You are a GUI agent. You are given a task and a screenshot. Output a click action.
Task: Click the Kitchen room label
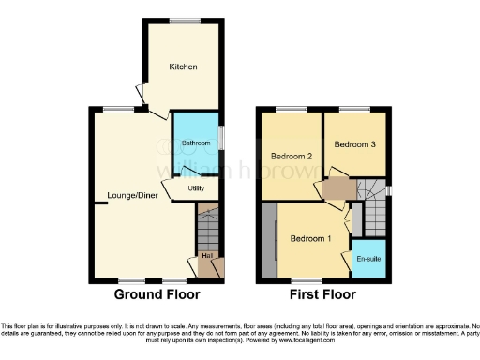182,67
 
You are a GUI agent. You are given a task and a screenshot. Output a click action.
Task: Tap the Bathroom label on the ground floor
195,142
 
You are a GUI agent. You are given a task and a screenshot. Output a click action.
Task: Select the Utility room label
196,188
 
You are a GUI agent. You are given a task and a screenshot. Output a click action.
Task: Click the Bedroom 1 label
310,239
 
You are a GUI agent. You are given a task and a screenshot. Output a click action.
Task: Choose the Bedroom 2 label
291,156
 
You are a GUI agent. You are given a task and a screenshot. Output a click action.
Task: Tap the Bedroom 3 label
354,144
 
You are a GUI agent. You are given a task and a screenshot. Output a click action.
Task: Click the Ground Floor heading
157,294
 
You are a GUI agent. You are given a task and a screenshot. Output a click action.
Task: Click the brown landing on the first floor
337,189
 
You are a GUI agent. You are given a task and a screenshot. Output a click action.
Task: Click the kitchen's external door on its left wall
141,94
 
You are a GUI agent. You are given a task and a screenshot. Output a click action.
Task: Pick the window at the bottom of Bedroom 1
303,279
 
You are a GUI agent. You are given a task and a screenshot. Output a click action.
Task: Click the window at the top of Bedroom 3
352,109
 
